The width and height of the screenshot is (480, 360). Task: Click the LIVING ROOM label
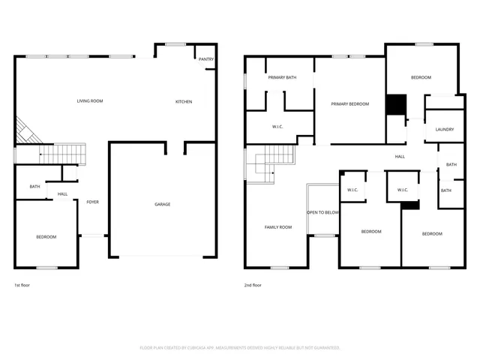(90, 101)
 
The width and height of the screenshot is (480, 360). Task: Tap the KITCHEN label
(184, 102)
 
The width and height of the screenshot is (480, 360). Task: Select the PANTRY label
(205, 59)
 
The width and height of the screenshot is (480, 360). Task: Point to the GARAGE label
(162, 204)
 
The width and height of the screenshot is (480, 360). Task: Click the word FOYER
(93, 202)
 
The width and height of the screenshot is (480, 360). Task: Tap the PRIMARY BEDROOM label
(350, 104)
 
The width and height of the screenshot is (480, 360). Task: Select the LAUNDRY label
(445, 129)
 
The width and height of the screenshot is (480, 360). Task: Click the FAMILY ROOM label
(278, 226)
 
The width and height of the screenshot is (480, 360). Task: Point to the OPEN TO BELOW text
(323, 212)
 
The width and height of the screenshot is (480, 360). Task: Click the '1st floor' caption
(23, 285)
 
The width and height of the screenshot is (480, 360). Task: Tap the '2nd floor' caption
(253, 285)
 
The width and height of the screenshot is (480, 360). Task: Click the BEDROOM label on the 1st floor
(46, 237)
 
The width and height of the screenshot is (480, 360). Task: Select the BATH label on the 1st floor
(34, 187)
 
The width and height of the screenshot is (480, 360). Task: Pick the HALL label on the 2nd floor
(400, 157)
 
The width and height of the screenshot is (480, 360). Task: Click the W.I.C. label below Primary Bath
(277, 127)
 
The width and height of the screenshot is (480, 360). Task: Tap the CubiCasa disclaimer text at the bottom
(240, 348)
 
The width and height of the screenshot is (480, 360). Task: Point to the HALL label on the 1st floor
(63, 194)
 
